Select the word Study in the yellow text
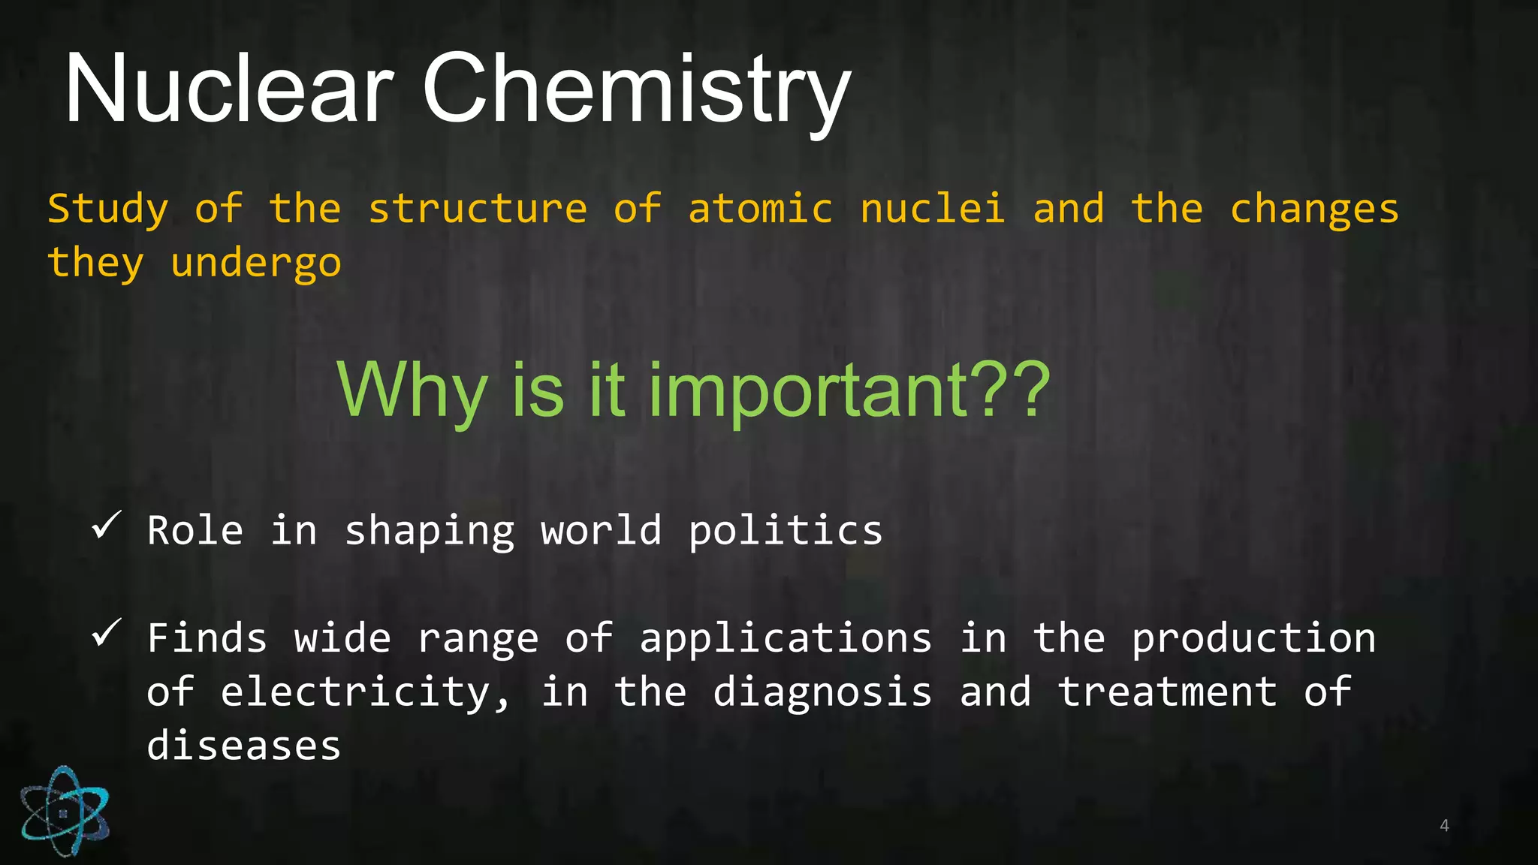[x=108, y=209]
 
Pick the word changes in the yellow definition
[x=1314, y=210]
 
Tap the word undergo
[x=256, y=264]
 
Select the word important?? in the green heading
[x=849, y=390]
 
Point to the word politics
[x=786, y=532]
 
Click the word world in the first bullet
[x=601, y=530]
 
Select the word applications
[x=786, y=640]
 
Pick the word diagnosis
[x=822, y=692]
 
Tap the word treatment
[x=1167, y=692]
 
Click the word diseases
[x=244, y=746]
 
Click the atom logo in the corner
[x=65, y=811]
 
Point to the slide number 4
[x=1444, y=826]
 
